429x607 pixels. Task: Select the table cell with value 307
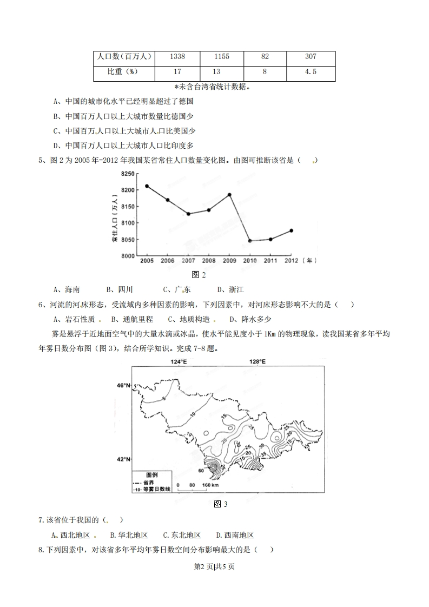point(311,57)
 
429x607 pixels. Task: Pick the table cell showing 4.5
point(311,71)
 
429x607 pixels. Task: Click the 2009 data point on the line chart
point(229,195)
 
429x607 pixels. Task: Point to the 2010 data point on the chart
point(250,241)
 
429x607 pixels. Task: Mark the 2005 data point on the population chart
point(147,186)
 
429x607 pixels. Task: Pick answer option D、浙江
point(230,289)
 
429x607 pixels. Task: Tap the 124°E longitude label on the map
point(179,362)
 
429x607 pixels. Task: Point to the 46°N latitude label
point(125,385)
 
